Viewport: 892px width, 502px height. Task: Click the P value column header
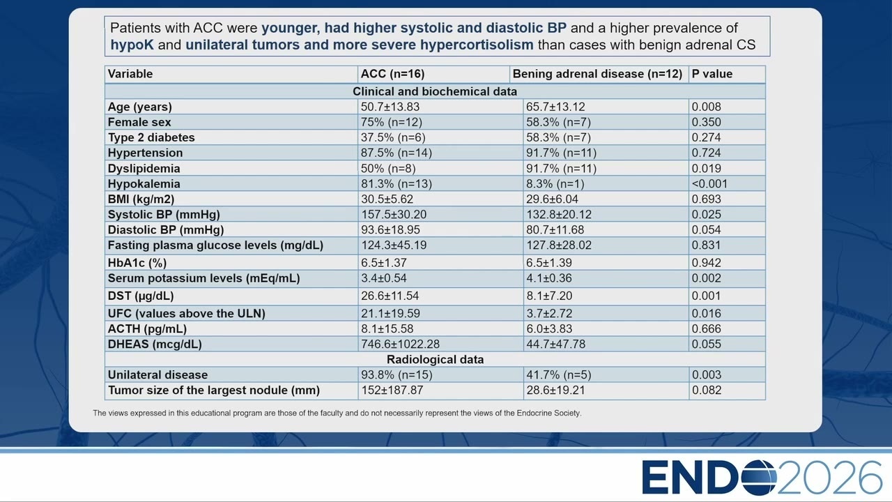point(712,74)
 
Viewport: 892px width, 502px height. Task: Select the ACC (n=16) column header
point(392,74)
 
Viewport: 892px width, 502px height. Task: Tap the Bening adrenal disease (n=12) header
point(597,74)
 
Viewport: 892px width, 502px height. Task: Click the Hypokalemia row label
point(144,183)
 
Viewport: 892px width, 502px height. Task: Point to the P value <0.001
point(709,183)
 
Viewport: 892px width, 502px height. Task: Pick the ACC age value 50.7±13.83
point(390,107)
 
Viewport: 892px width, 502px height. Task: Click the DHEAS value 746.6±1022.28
point(400,344)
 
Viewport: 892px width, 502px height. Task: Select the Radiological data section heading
point(436,359)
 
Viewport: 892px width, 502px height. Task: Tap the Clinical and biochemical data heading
point(435,91)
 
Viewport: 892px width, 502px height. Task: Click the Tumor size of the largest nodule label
point(214,390)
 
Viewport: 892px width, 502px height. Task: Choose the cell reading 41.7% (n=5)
point(559,375)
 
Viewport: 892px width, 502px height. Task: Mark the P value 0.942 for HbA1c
point(706,263)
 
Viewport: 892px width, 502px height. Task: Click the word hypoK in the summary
point(132,45)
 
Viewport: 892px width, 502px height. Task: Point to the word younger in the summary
point(291,29)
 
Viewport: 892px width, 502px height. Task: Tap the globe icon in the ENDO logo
point(759,478)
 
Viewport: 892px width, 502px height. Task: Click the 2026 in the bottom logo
point(829,478)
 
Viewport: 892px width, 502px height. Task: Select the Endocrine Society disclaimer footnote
point(337,413)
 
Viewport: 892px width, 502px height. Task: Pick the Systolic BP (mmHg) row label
point(164,214)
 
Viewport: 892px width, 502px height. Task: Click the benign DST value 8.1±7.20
point(549,296)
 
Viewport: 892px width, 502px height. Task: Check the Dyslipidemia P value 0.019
point(706,169)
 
